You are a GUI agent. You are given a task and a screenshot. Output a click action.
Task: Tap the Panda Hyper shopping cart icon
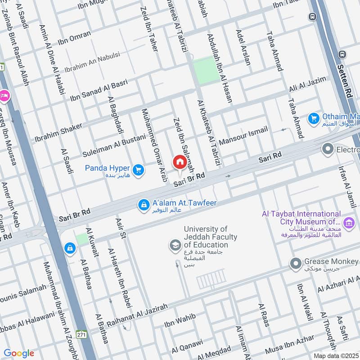(139, 169)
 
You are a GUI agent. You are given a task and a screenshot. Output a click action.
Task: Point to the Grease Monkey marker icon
(295, 263)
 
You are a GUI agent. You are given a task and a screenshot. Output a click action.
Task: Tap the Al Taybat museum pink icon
(347, 222)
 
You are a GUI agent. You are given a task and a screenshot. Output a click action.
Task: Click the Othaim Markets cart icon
(313, 118)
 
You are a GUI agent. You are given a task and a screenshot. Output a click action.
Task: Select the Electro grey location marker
(328, 148)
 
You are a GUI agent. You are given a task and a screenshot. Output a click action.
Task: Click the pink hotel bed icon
(4, 95)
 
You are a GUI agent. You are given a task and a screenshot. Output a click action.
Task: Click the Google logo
(19, 353)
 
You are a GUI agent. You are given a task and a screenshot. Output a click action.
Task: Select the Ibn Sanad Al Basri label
(99, 90)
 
